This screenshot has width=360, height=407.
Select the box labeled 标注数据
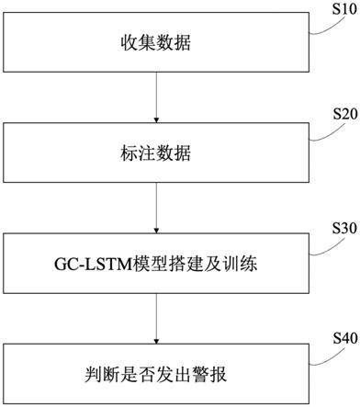157,152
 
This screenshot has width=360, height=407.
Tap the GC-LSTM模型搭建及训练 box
157,265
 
